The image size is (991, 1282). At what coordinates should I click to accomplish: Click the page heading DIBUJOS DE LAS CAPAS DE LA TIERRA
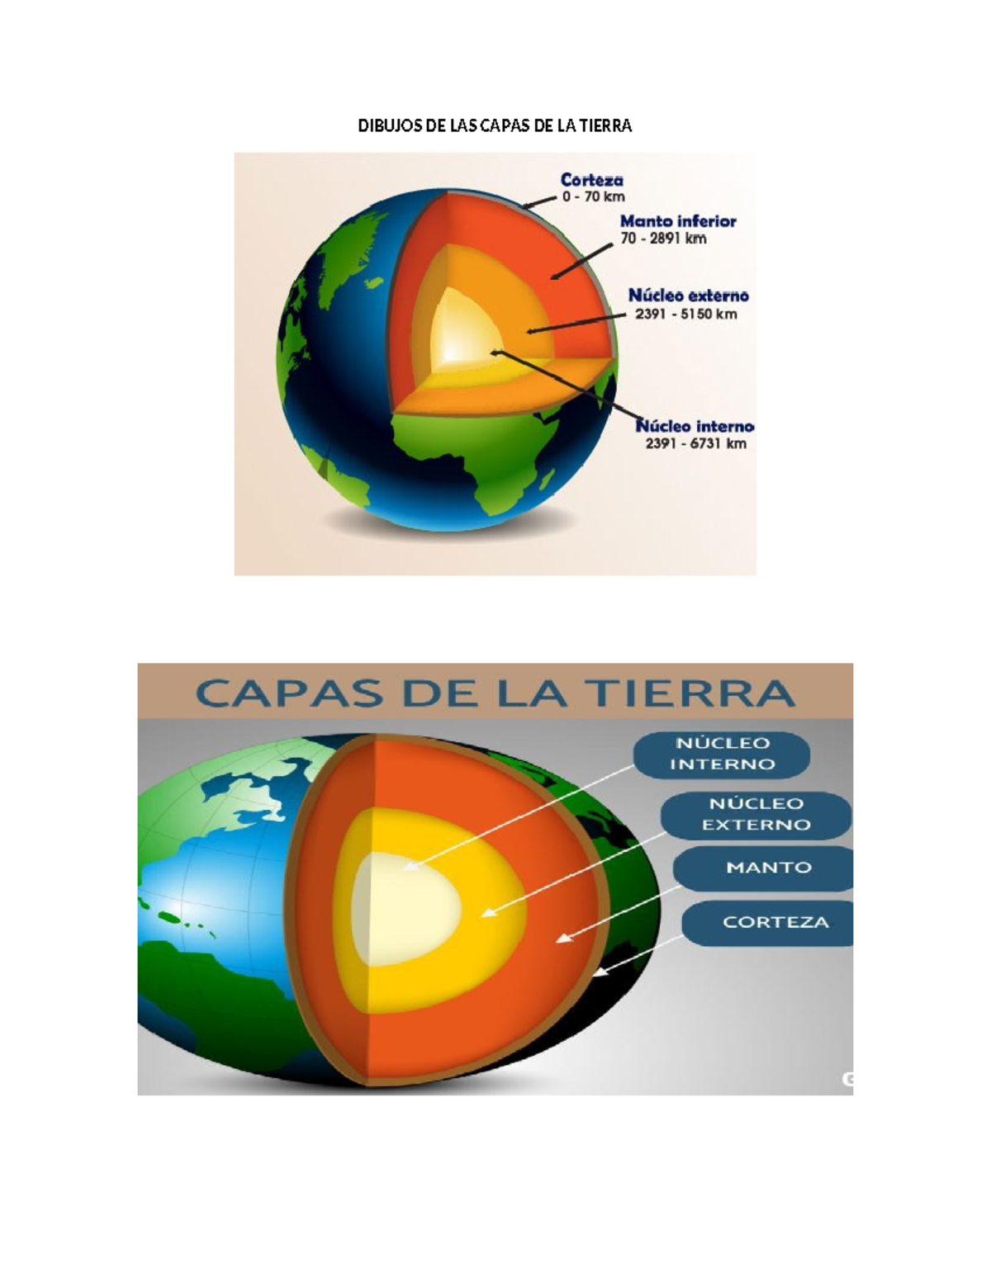pyautogui.click(x=495, y=125)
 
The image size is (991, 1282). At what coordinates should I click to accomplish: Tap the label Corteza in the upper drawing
pyautogui.click(x=591, y=179)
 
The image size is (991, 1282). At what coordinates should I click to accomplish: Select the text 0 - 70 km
pyautogui.click(x=593, y=197)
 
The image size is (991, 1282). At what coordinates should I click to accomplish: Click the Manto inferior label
pyautogui.click(x=678, y=221)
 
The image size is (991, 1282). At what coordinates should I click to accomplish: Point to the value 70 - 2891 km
pyautogui.click(x=663, y=239)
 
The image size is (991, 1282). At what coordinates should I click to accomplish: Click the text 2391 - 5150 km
pyautogui.click(x=685, y=314)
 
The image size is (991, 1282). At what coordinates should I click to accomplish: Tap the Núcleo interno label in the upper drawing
pyautogui.click(x=695, y=426)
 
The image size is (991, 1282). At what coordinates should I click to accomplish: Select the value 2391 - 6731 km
pyautogui.click(x=696, y=443)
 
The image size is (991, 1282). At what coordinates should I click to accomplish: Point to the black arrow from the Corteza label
pyautogui.click(x=538, y=202)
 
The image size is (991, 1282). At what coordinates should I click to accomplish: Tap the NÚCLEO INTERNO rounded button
pyautogui.click(x=722, y=755)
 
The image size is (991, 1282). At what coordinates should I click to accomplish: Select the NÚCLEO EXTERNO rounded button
pyautogui.click(x=756, y=815)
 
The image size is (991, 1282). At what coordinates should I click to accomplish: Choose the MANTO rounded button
pyautogui.click(x=764, y=868)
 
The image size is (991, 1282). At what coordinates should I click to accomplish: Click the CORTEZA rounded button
pyautogui.click(x=768, y=923)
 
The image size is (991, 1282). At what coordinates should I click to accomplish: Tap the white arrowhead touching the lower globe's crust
pyautogui.click(x=600, y=972)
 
